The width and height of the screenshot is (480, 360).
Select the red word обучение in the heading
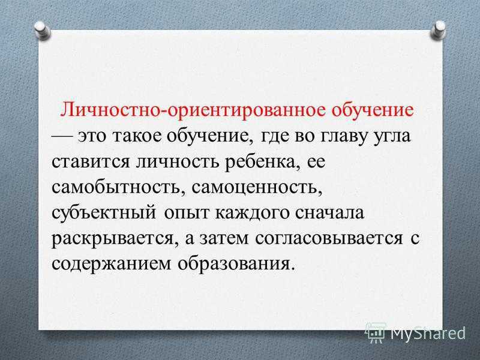[373, 110]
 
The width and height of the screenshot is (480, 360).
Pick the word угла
[392, 137]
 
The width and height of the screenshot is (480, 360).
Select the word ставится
[91, 161]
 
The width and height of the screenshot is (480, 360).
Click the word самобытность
[118, 187]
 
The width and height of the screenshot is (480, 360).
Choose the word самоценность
[257, 187]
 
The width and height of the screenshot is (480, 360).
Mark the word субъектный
[103, 213]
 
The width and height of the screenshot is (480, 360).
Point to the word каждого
[252, 213]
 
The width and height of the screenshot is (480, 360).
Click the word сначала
[329, 213]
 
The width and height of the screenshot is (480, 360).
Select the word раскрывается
[115, 238]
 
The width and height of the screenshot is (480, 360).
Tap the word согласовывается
[329, 238]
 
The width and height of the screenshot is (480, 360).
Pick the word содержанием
[111, 264]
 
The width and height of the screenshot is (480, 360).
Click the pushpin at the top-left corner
[43, 31]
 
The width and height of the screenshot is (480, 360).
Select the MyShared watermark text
[428, 333]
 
